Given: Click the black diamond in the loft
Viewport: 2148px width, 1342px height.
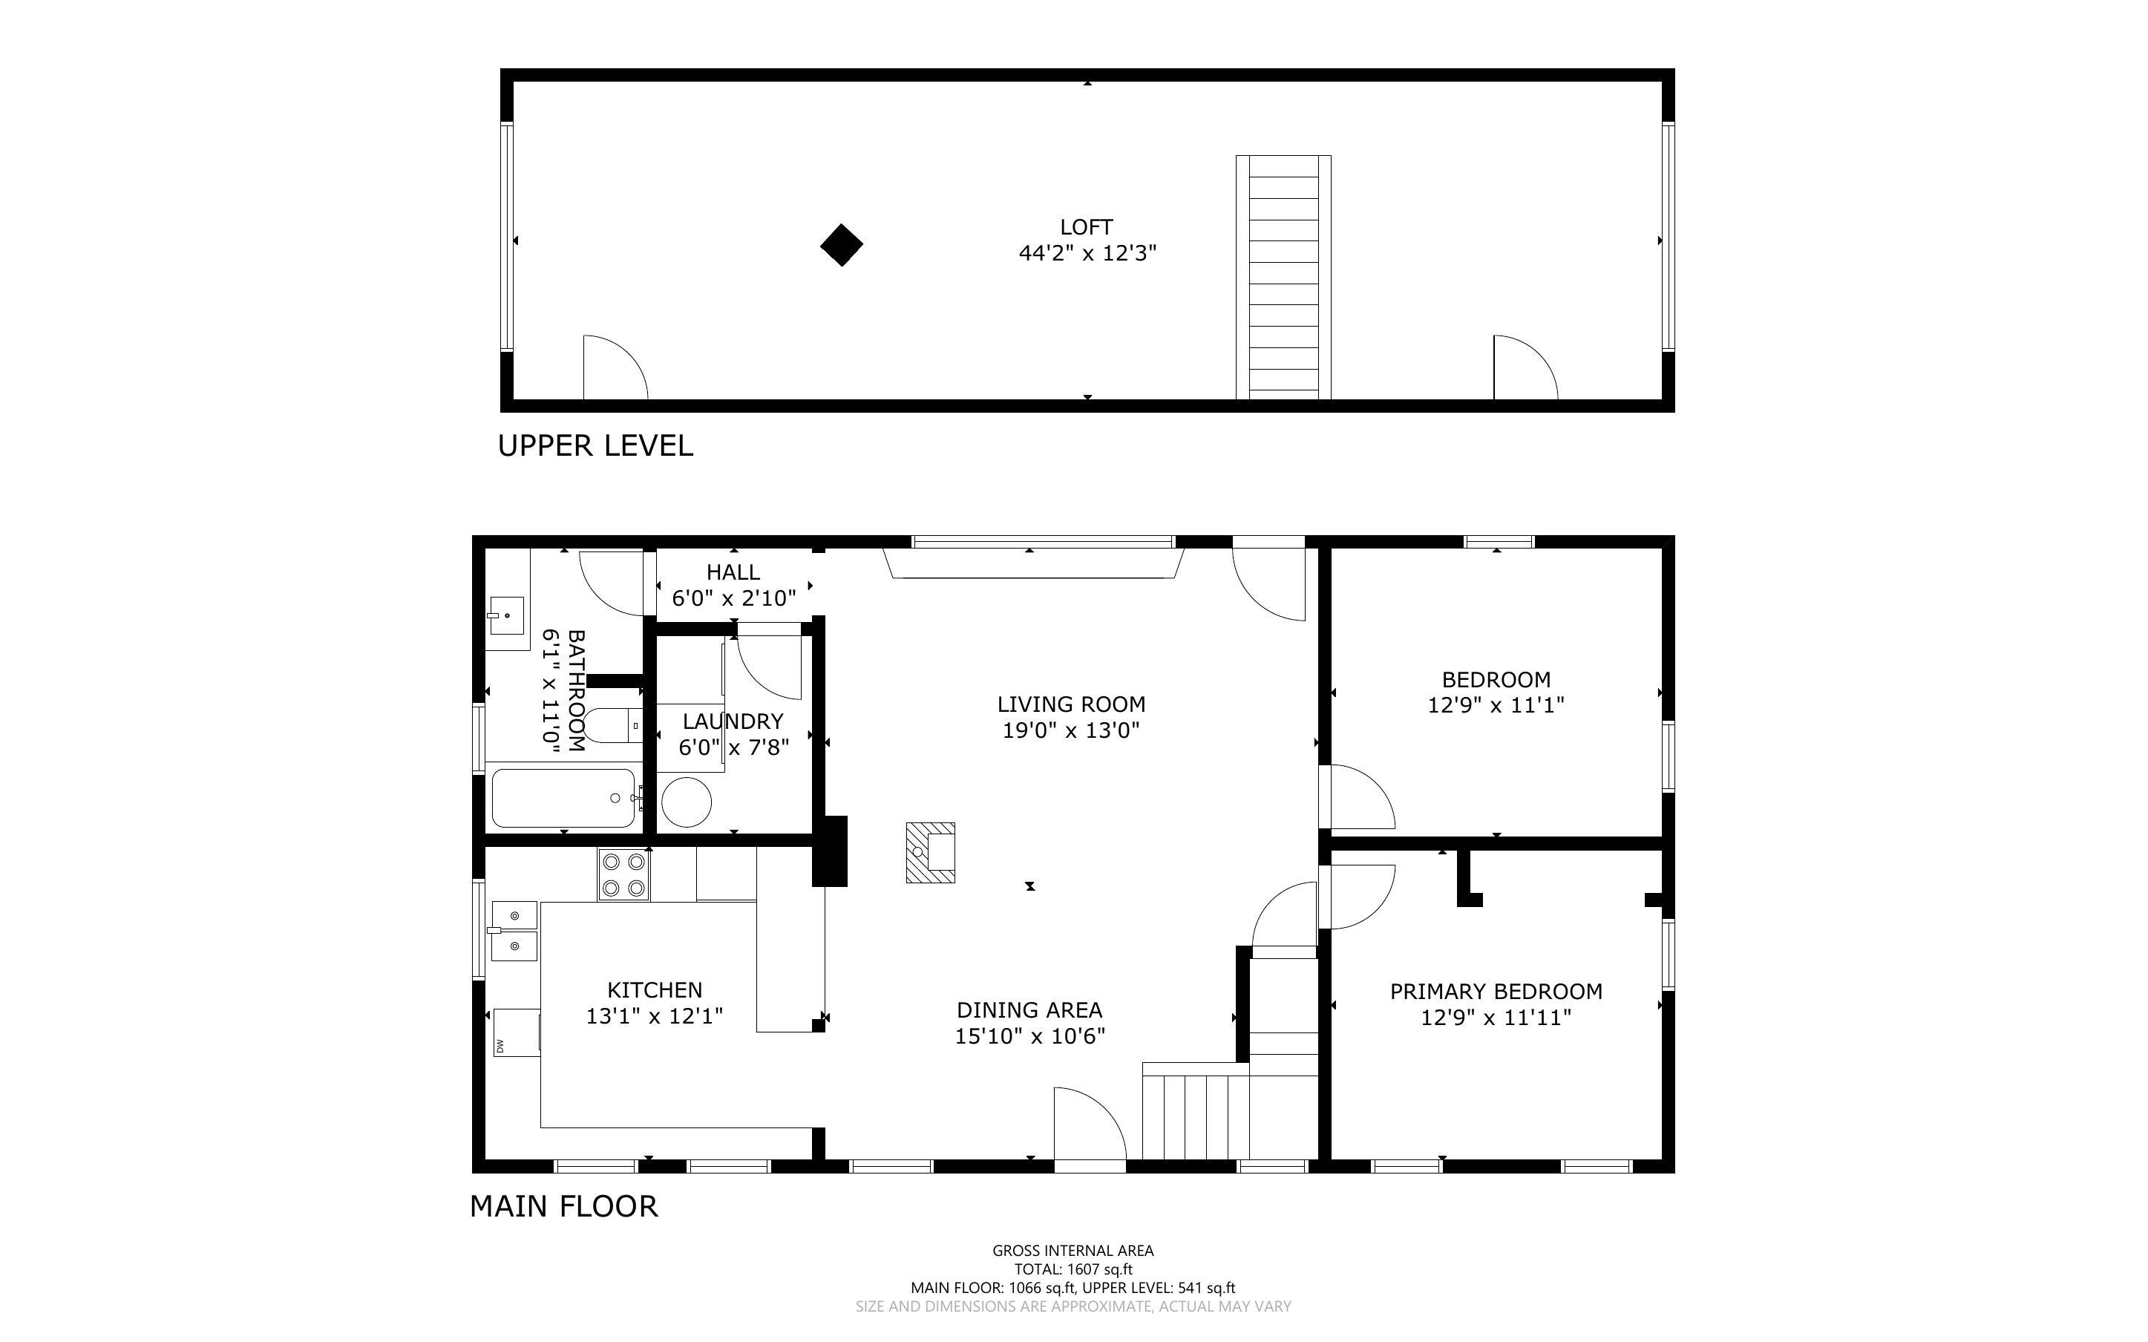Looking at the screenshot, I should pyautogui.click(x=841, y=245).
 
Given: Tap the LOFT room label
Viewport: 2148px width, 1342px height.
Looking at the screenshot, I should pyautogui.click(x=1086, y=227).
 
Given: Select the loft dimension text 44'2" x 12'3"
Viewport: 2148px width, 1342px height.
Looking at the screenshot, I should pyautogui.click(x=1087, y=254).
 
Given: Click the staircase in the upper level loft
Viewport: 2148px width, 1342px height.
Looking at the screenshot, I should pyautogui.click(x=1283, y=278).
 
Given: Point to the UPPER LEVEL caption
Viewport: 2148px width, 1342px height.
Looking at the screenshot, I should pyautogui.click(x=595, y=445).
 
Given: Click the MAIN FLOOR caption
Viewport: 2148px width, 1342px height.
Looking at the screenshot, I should pyautogui.click(x=563, y=1206).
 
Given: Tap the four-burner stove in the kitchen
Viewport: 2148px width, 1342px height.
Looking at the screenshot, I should pyautogui.click(x=623, y=874).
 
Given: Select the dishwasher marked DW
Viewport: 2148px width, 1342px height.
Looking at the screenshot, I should pyautogui.click(x=517, y=1032).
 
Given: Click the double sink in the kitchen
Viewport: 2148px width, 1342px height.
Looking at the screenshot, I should pyautogui.click(x=514, y=931).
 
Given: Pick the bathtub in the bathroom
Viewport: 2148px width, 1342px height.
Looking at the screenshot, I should pyautogui.click(x=563, y=798).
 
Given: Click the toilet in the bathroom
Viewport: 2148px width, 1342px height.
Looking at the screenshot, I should pyautogui.click(x=612, y=726).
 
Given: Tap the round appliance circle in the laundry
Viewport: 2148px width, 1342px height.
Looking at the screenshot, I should pyautogui.click(x=686, y=802).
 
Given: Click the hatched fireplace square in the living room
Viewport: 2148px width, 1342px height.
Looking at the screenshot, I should pyautogui.click(x=930, y=852).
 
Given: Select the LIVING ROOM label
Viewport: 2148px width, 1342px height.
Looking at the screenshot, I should pyautogui.click(x=1071, y=704).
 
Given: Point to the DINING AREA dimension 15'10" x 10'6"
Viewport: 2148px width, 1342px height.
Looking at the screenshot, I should pyautogui.click(x=1029, y=1035).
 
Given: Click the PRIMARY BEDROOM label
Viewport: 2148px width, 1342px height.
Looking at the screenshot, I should pyautogui.click(x=1496, y=992).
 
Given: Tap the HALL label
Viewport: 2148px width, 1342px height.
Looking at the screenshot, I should pyautogui.click(x=733, y=572).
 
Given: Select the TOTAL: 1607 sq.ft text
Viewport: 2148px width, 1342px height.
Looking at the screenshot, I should pyautogui.click(x=1073, y=1269).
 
